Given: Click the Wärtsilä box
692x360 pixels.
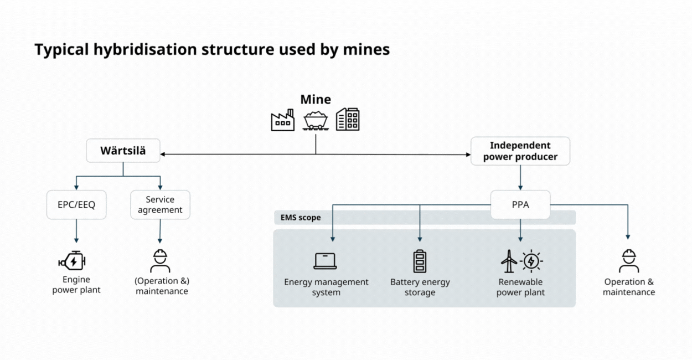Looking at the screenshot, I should (x=123, y=151).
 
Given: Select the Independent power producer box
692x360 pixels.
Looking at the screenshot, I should (x=520, y=151).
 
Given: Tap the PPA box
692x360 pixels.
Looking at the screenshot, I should (x=520, y=204).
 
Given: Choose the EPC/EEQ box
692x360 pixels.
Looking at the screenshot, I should (x=76, y=204).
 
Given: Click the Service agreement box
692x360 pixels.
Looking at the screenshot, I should (x=160, y=204).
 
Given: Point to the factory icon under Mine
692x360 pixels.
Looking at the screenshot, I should (x=282, y=120).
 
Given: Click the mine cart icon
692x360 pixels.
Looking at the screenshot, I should (x=316, y=120).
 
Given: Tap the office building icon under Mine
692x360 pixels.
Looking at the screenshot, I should (x=348, y=119).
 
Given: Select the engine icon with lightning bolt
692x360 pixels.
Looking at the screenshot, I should (x=73, y=261).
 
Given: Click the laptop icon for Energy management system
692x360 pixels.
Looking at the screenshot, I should (x=325, y=261).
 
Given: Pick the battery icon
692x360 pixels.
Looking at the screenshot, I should (x=420, y=261).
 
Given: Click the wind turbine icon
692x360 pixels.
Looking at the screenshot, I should (x=509, y=260).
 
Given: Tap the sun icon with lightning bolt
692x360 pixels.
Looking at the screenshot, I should (x=531, y=260).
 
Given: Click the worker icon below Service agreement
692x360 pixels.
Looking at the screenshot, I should (x=160, y=261).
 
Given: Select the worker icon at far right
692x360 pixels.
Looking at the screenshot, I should (x=628, y=261).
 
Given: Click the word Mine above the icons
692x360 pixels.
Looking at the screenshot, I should (x=316, y=100).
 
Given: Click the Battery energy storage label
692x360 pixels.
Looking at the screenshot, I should (x=420, y=287).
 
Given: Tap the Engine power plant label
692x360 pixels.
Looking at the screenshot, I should (x=76, y=285).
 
